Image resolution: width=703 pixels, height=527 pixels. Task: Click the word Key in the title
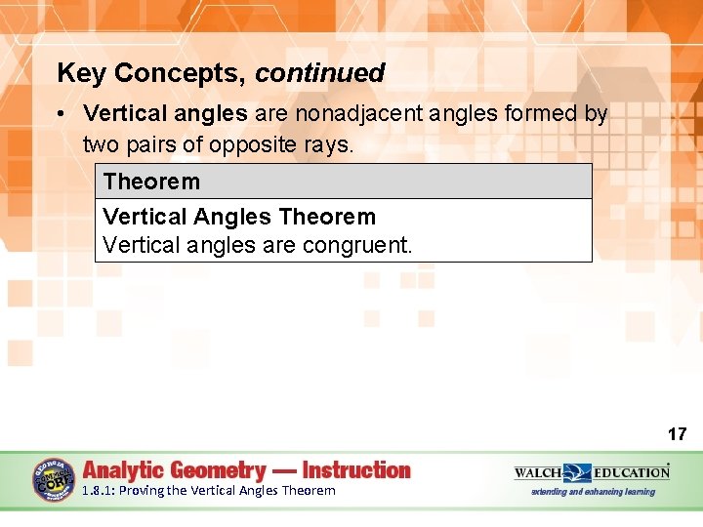coord(78,73)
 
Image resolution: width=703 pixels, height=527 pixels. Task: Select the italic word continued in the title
coord(320,73)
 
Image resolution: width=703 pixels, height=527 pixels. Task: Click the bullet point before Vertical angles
coord(62,114)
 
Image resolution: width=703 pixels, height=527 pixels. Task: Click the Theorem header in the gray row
coord(151,182)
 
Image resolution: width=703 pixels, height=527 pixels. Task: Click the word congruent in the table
coord(354,244)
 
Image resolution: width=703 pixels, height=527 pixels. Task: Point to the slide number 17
coord(677,433)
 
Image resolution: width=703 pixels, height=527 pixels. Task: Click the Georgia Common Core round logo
coord(53,479)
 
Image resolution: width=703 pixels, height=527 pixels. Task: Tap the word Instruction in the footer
coord(356,470)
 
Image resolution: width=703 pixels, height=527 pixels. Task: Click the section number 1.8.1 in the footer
coord(98,491)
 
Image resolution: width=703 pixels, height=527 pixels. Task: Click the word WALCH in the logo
coord(537,472)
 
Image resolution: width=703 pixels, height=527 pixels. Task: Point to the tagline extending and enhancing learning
coord(593,492)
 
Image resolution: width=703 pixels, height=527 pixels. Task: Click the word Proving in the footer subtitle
coord(142,491)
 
